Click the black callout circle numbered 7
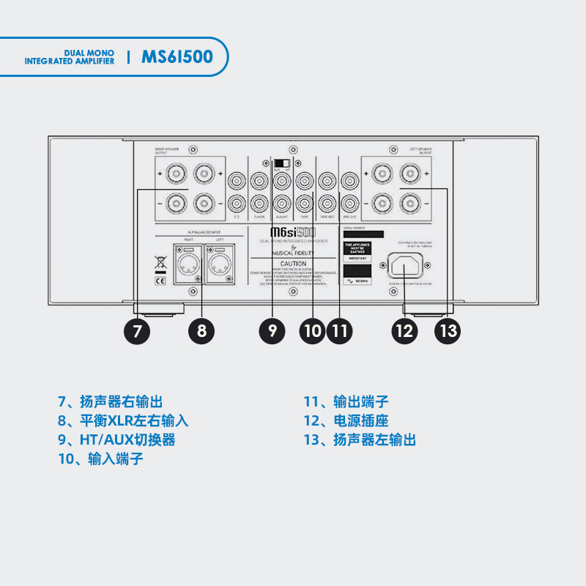point(137,330)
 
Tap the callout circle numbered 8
point(201,330)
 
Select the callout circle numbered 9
point(272,330)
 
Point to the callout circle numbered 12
point(404,330)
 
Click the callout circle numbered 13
point(448,330)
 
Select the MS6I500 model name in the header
point(177,57)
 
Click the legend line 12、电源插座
point(346,420)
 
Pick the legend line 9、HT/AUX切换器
point(116,439)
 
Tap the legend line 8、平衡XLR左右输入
point(123,420)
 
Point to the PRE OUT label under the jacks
point(349,218)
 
